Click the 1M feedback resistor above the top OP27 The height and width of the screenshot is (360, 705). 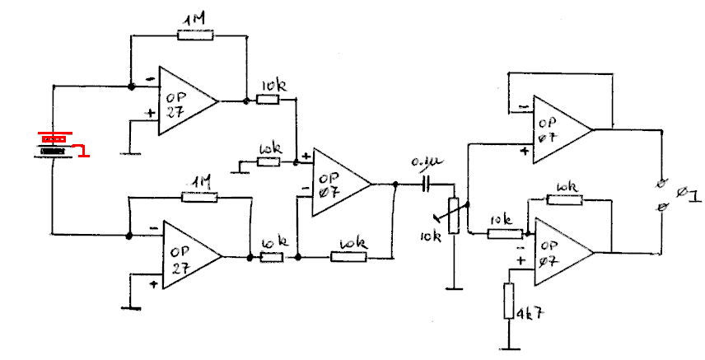pos(195,35)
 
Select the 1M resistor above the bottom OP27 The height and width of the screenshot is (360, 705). pos(198,197)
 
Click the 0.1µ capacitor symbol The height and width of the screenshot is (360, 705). pos(427,184)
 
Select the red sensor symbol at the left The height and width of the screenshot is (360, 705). pos(56,144)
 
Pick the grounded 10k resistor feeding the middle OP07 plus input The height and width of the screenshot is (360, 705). pos(268,161)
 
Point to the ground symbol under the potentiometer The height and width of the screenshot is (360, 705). pos(453,288)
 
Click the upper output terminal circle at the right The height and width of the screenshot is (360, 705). pos(660,183)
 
